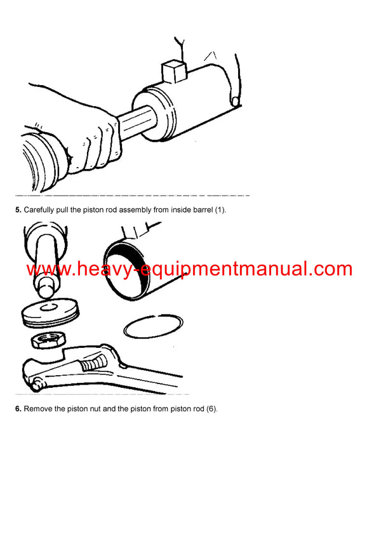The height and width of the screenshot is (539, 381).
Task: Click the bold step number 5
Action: click(x=18, y=210)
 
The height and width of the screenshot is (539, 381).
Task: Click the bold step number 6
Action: click(x=18, y=409)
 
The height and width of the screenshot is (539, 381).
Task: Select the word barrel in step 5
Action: click(x=200, y=210)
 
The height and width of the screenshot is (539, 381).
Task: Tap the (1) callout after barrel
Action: click(x=219, y=210)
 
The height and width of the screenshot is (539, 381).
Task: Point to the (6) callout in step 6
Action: click(x=211, y=409)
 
